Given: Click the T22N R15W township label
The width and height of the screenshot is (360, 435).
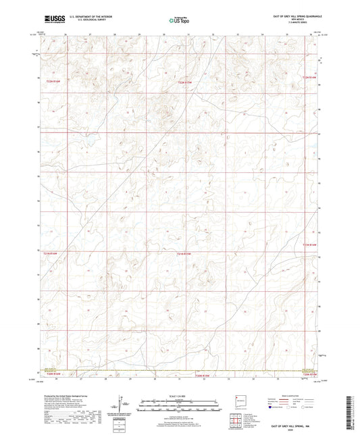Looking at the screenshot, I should (x=186, y=82).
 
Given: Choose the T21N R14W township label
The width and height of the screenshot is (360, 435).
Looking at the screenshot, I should (x=309, y=244).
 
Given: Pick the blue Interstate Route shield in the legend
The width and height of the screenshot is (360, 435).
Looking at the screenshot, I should (x=274, y=408).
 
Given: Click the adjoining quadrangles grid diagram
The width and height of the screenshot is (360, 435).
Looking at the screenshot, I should (x=238, y=421).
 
